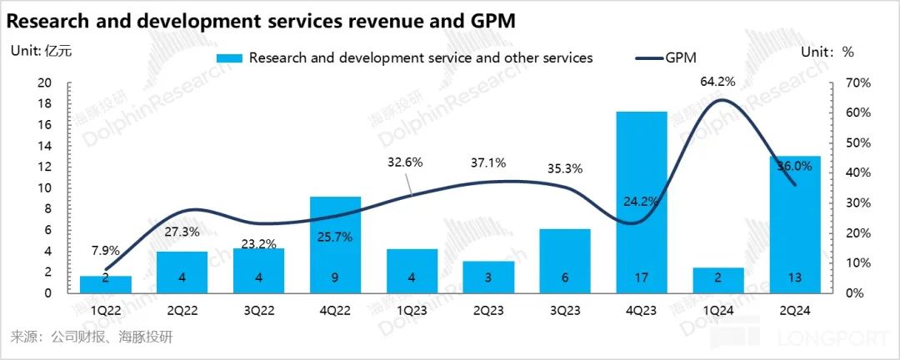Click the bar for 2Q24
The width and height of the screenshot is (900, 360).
click(x=795, y=224)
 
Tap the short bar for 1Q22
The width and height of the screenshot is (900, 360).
click(x=106, y=284)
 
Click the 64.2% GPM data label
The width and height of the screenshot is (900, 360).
click(x=718, y=81)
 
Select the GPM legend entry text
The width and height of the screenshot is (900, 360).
click(x=681, y=58)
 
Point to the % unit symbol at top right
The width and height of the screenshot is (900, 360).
click(x=848, y=51)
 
